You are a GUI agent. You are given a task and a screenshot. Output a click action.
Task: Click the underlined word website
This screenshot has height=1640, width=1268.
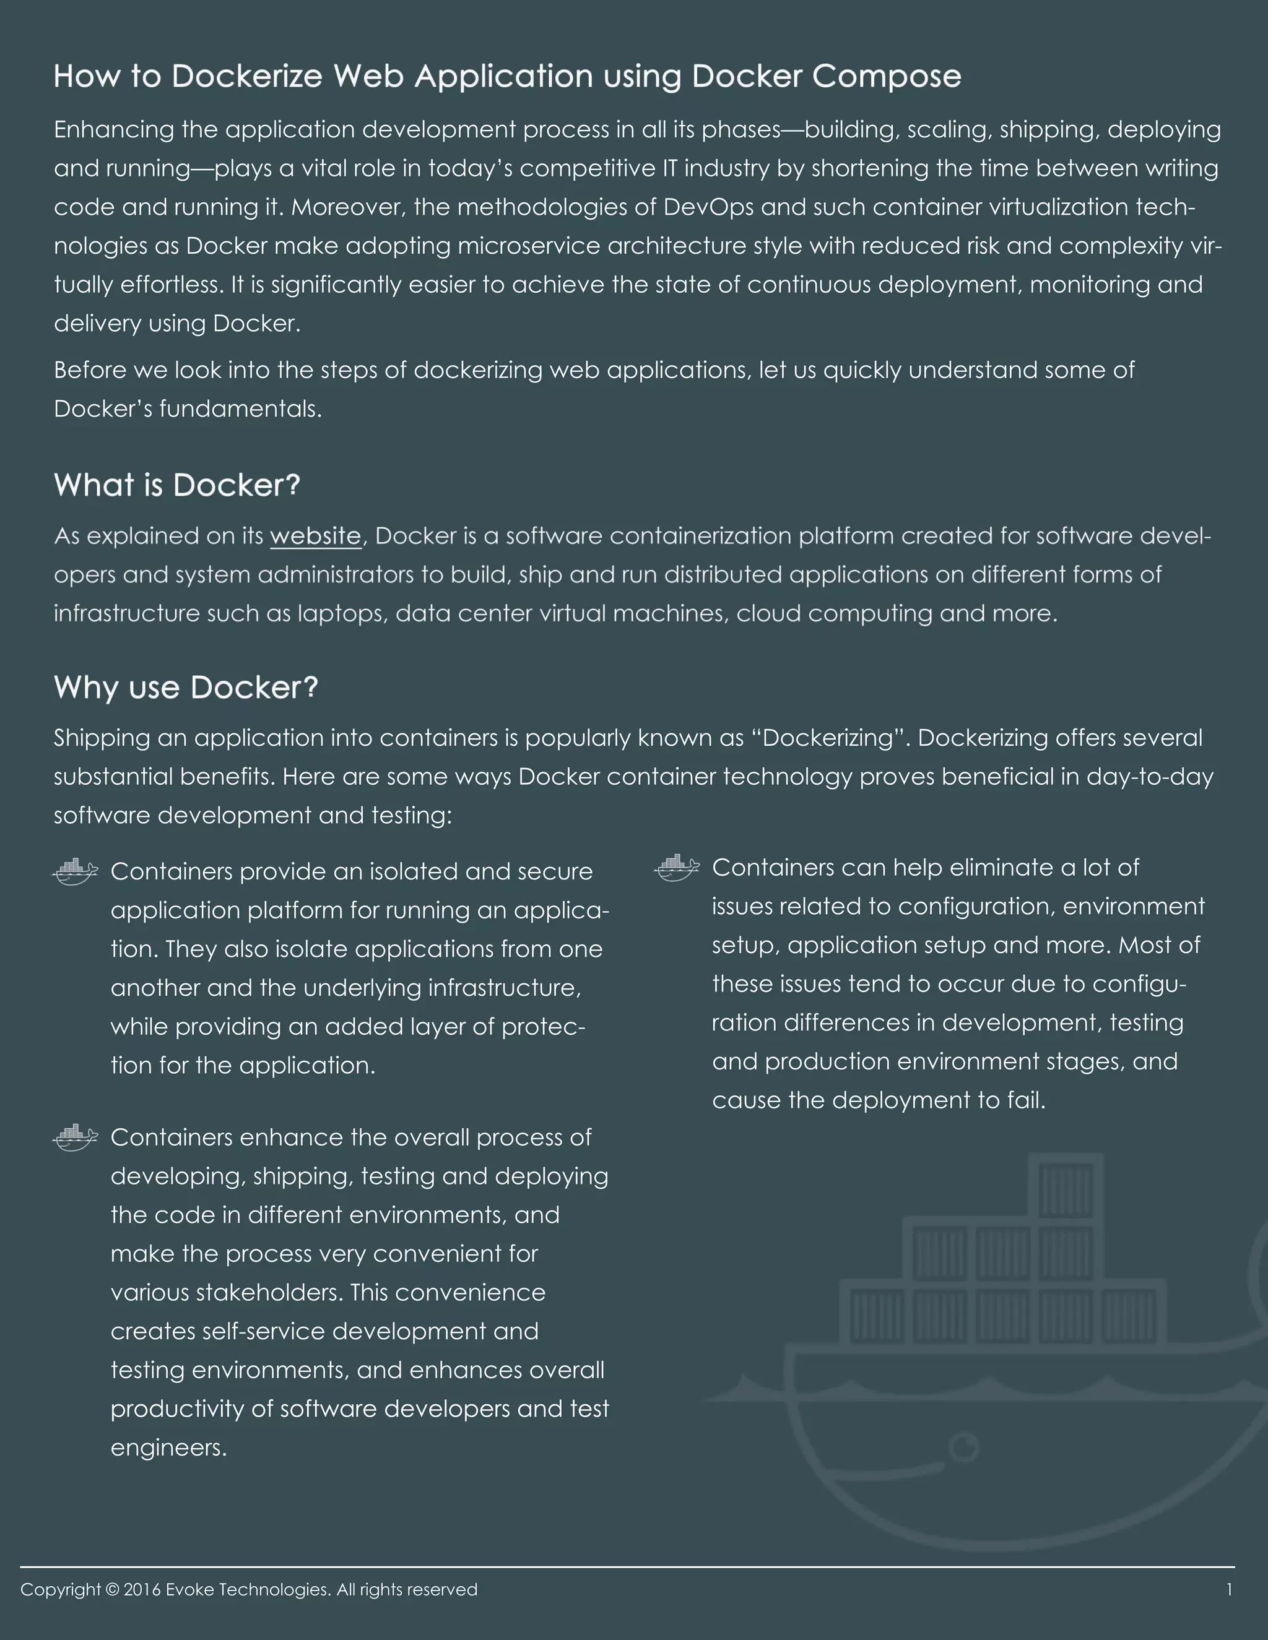click(x=316, y=536)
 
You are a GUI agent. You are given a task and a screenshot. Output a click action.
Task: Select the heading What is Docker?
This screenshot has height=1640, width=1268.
click(x=177, y=485)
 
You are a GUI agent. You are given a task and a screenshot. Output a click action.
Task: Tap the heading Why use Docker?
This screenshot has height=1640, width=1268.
click(x=186, y=688)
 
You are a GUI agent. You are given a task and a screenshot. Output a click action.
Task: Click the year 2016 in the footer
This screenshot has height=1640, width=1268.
click(x=142, y=1590)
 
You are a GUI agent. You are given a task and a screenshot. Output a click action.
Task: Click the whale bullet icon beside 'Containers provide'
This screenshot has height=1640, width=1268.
click(x=75, y=871)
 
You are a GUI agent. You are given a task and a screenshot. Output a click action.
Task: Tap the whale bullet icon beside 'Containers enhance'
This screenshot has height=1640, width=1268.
click(x=75, y=1137)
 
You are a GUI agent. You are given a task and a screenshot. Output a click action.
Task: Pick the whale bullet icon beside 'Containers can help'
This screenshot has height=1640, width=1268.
click(x=677, y=867)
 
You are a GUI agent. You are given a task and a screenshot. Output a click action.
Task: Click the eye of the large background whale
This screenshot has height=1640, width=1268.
click(x=965, y=1445)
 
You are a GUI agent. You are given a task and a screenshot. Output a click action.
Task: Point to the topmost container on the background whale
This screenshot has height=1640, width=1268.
click(x=1066, y=1189)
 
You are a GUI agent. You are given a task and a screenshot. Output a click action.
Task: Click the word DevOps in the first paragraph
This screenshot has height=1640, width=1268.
click(x=708, y=207)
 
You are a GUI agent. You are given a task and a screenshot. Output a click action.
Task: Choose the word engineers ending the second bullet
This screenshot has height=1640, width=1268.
click(x=168, y=1448)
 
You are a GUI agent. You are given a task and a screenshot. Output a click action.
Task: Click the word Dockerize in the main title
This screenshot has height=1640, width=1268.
click(x=247, y=77)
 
